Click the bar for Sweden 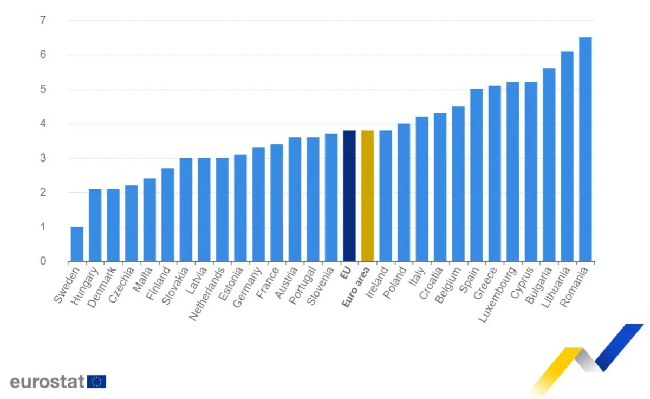(x=77, y=244)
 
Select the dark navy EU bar (x=349, y=196)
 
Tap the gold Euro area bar (x=367, y=196)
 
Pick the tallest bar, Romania (x=586, y=149)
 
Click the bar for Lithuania (x=567, y=156)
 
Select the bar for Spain (x=477, y=175)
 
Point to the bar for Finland (x=168, y=215)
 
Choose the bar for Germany (x=258, y=204)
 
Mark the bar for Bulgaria (x=549, y=165)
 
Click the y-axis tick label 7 (x=43, y=20)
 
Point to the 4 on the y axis (x=43, y=124)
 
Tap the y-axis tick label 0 (x=43, y=261)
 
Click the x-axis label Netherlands (x=207, y=293)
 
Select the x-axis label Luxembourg (x=497, y=294)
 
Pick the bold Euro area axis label (x=356, y=287)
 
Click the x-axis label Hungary (x=84, y=286)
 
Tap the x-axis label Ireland (x=376, y=282)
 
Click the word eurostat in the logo (x=47, y=382)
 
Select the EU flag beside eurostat (x=96, y=382)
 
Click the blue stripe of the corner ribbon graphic (x=620, y=347)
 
